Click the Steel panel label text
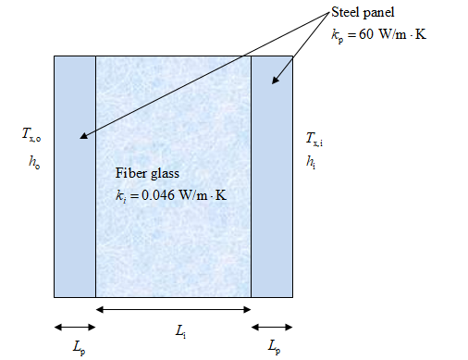(x=363, y=13)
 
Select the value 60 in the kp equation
(x=366, y=34)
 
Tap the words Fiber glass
(x=147, y=173)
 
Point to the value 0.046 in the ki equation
(x=158, y=195)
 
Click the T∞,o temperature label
(x=31, y=135)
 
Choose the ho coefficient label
(x=34, y=162)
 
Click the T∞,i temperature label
(x=314, y=139)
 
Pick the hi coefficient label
(x=311, y=162)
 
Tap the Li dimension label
(x=180, y=332)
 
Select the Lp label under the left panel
(x=80, y=348)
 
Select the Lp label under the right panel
(x=274, y=346)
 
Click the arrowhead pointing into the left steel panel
(x=83, y=135)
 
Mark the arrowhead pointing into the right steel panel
(x=275, y=80)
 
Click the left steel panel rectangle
(x=75, y=177)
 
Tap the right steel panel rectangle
(x=272, y=177)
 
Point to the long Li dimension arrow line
(x=174, y=309)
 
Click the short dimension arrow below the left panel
(x=75, y=328)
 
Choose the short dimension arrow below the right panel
(x=272, y=328)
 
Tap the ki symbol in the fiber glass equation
(x=121, y=196)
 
